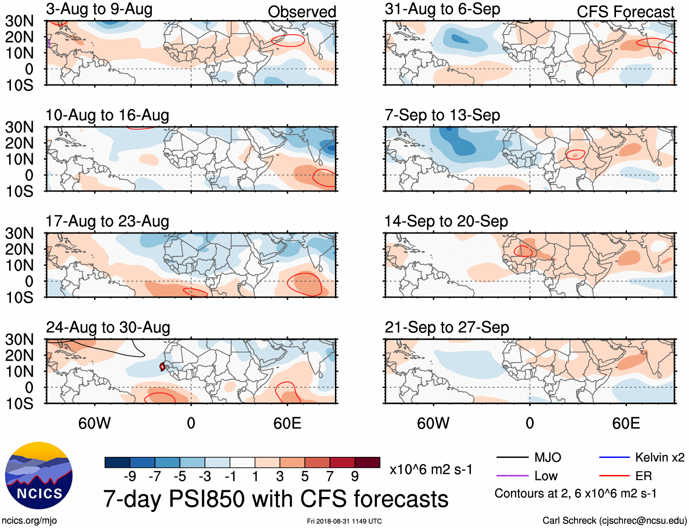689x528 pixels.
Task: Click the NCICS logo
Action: pos(39,476)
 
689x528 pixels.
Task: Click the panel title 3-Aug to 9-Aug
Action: pos(99,9)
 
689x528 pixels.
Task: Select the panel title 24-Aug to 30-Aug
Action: pos(108,327)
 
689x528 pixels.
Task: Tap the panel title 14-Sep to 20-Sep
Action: pos(446,222)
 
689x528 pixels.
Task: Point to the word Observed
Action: pos(302,12)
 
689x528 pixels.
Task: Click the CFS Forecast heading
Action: pos(625,12)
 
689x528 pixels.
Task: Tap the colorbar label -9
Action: pos(130,476)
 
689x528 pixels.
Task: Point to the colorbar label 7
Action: pos(329,476)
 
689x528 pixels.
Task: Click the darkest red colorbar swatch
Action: pos(367,462)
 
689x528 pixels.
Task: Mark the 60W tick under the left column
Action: pos(94,423)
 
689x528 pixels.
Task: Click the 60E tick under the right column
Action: pos(626,423)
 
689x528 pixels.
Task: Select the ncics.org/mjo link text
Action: pos(29,521)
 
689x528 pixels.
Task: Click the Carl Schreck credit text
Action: pos(614,521)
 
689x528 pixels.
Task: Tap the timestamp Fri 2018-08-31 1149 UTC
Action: pos(344,521)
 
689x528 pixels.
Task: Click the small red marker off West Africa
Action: pos(162,367)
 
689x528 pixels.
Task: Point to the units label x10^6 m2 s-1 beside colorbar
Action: pos(431,470)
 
